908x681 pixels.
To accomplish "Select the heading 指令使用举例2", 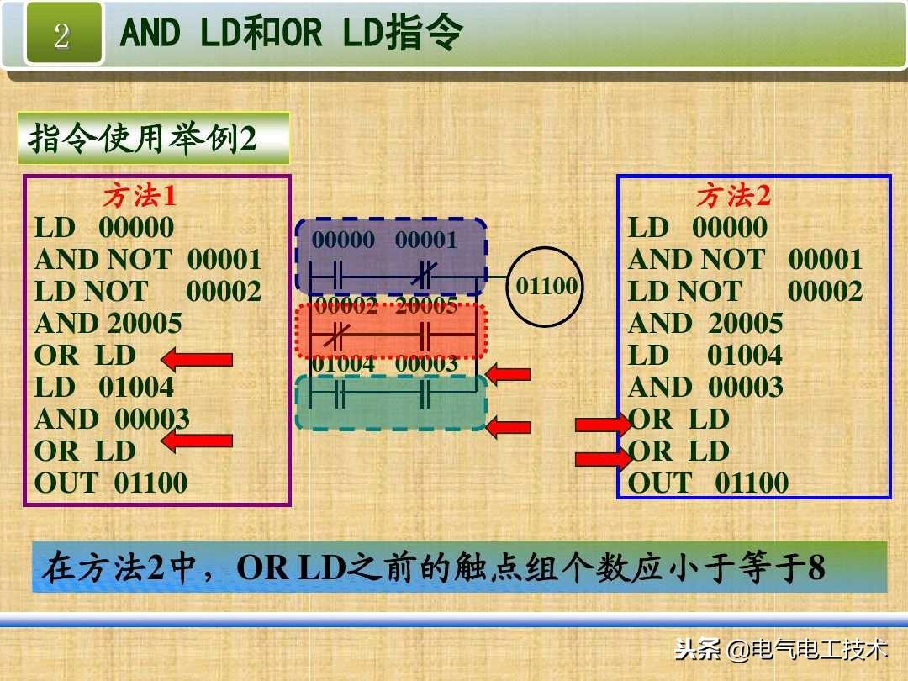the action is click(144, 138).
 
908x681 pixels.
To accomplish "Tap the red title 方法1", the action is click(140, 196).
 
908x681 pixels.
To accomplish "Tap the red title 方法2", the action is click(733, 196).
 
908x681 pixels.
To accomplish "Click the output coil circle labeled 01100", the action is click(546, 286).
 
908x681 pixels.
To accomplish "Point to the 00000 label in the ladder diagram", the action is click(343, 240).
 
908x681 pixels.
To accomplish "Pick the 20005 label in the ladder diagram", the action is click(426, 306).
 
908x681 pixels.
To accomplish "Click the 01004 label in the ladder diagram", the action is click(343, 364).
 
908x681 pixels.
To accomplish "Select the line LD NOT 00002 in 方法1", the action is click(148, 292).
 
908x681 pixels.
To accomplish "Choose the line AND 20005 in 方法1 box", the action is click(108, 324).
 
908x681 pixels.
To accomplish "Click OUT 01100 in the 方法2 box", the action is click(708, 483).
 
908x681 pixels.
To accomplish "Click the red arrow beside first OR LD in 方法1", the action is click(197, 361).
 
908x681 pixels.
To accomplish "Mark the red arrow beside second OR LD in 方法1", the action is click(197, 440).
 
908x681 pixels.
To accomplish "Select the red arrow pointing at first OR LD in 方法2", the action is click(602, 425).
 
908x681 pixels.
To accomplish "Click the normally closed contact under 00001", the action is click(426, 276).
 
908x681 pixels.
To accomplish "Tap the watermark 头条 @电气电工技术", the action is click(781, 649).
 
